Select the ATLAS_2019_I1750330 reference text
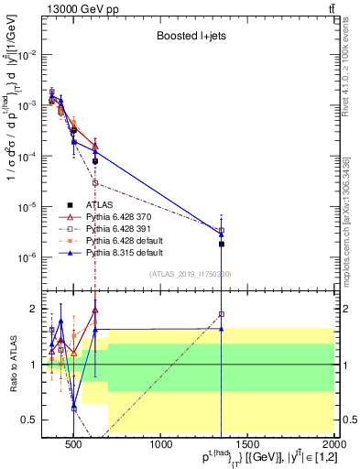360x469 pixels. point(189,273)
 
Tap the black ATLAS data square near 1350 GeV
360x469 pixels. point(222,244)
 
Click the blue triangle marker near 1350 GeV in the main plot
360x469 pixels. point(222,234)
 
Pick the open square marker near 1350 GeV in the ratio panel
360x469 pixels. point(222,314)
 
